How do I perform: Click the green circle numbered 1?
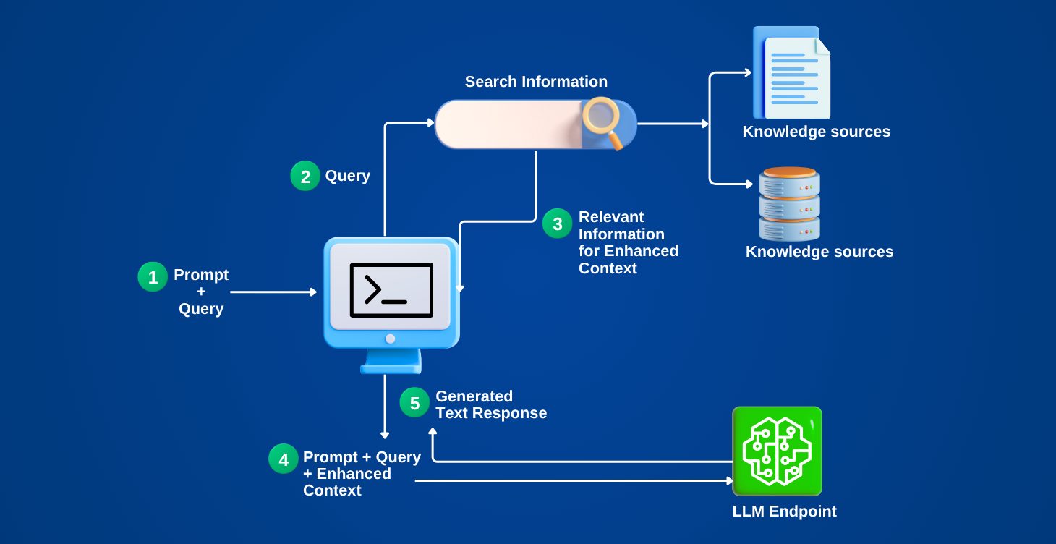point(153,277)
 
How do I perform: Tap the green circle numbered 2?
point(305,177)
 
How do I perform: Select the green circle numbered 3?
point(558,224)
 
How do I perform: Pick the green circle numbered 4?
point(284,459)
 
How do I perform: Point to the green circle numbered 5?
point(415,403)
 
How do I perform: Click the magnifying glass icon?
point(602,121)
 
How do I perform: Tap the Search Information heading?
point(536,82)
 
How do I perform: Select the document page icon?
point(792,73)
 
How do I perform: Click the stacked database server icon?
point(790,204)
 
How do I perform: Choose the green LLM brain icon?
point(777,450)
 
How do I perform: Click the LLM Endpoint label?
point(784,511)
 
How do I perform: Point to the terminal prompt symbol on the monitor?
point(391,290)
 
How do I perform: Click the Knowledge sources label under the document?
point(816,132)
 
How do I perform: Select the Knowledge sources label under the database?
point(819,252)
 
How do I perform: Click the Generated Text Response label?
point(490,405)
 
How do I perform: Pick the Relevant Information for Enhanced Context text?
point(628,242)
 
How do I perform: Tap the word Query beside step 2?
point(347,176)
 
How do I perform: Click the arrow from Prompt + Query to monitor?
point(273,292)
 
